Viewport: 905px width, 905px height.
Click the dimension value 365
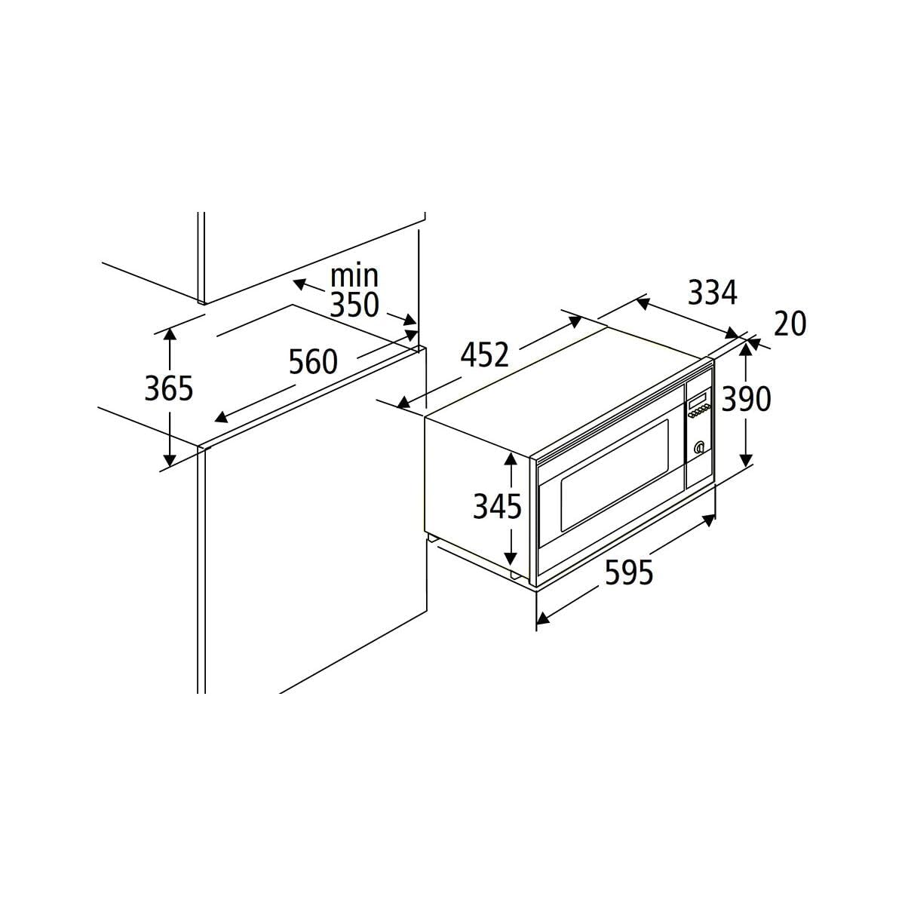169,388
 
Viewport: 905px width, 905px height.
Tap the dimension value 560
313,362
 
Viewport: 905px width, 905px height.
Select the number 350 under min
354,305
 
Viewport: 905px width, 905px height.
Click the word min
354,276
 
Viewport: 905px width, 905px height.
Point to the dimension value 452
485,355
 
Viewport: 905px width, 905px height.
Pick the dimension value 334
713,293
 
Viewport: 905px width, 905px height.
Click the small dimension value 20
790,324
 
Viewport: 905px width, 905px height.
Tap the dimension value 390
747,399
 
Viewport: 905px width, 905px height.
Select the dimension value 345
497,506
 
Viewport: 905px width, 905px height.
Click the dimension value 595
629,572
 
